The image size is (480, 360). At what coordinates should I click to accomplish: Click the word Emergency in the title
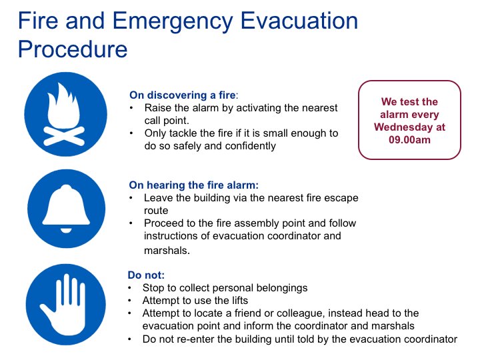coord(173,22)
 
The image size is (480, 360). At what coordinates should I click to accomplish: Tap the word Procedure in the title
coord(73,49)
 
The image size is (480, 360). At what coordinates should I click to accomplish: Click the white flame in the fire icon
coord(63,106)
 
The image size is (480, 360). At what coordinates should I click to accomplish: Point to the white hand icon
coord(64,305)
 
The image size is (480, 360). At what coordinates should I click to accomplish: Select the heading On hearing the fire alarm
coord(194,185)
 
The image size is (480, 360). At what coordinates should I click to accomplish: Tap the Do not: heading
coord(146,275)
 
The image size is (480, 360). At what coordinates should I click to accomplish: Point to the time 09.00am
coord(409,140)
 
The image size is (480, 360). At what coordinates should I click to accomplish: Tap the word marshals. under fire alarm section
coord(167,251)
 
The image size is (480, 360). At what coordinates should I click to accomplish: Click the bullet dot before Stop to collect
coord(130,288)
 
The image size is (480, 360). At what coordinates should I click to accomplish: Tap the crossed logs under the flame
coord(64,135)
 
